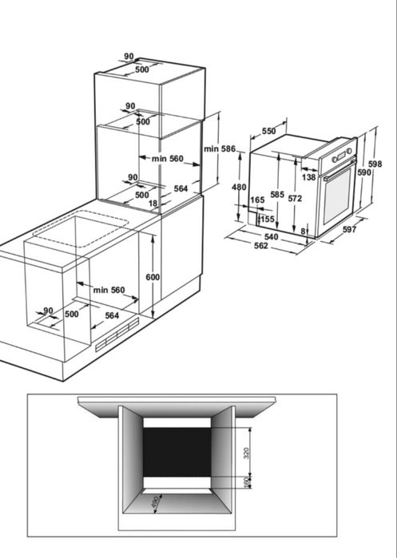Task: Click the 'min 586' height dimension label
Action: tap(220, 148)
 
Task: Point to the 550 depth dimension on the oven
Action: tap(269, 131)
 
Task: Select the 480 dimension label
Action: tap(239, 187)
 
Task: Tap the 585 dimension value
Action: tap(277, 194)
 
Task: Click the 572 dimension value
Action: tap(295, 198)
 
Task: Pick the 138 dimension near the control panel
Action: tap(308, 177)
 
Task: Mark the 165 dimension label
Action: tap(257, 200)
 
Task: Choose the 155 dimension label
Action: tap(268, 219)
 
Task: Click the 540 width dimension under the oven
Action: tap(272, 236)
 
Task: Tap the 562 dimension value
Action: tap(261, 246)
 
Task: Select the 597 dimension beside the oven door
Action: tap(349, 229)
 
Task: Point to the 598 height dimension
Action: tap(375, 164)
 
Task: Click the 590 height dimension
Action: tap(364, 172)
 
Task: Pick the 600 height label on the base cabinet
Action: tap(153, 277)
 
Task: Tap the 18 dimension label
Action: tap(153, 204)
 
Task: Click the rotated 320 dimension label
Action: tap(246, 453)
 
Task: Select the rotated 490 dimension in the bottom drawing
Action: tap(155, 502)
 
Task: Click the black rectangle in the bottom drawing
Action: tap(177, 453)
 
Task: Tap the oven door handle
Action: tap(339, 169)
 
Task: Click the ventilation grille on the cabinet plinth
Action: tap(117, 334)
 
